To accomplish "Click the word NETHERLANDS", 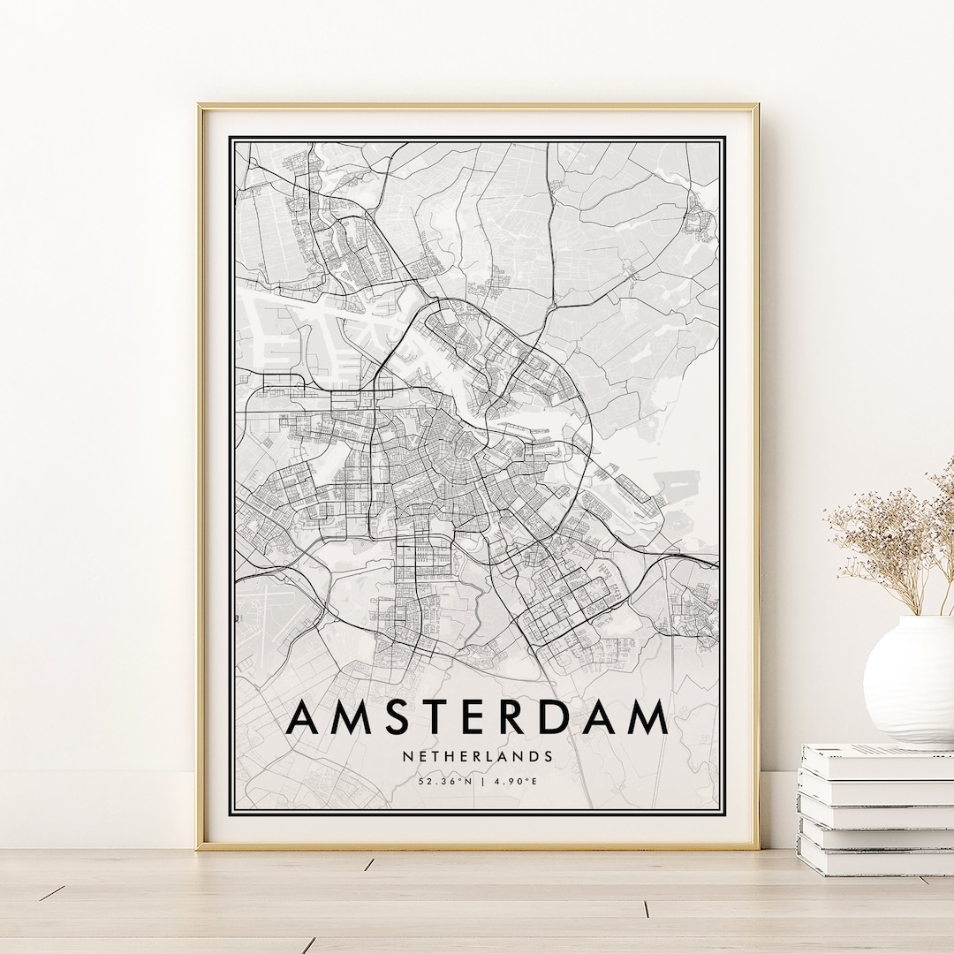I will (477, 756).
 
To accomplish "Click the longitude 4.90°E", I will (510, 781).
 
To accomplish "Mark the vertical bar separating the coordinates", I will (477, 781).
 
